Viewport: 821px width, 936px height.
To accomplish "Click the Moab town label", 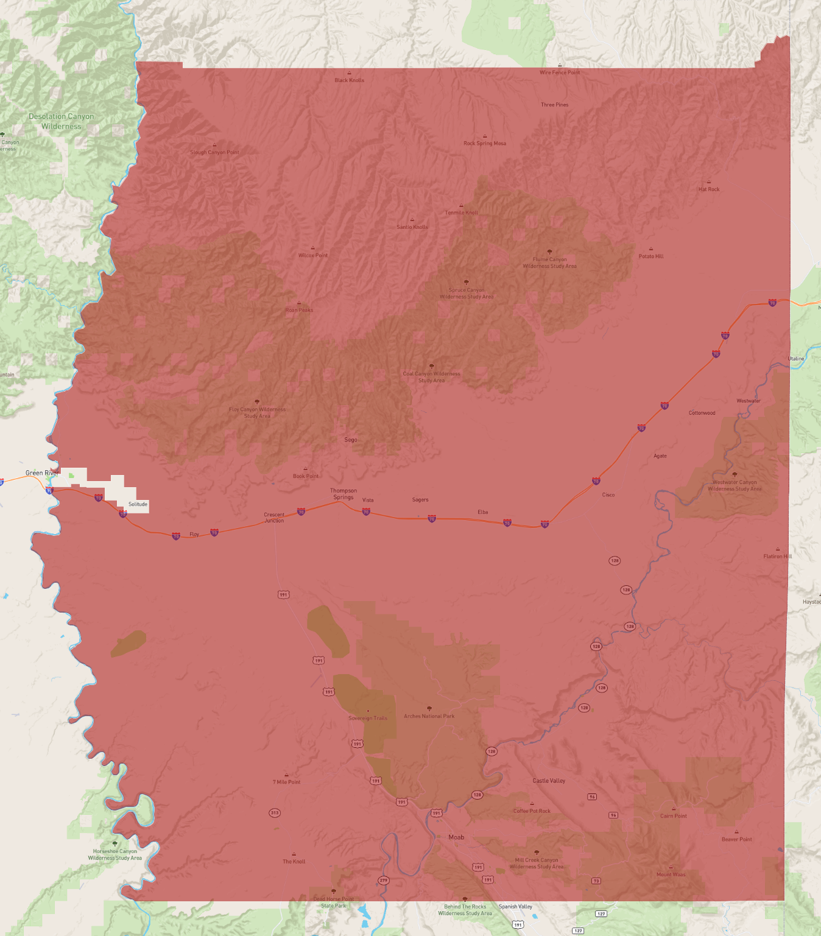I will coord(456,837).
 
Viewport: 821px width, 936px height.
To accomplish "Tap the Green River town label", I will coord(42,473).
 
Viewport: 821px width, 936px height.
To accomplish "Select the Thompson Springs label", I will coord(344,494).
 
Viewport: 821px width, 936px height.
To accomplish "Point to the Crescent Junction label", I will coord(274,518).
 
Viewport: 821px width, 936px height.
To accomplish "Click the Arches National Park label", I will coord(429,716).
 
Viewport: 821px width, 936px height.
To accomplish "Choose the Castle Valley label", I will coord(549,781).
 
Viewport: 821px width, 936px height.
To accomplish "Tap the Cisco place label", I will coord(608,495).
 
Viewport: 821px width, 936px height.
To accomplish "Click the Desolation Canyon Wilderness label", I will coord(62,121).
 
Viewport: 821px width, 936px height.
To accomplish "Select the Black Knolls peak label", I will coord(349,80).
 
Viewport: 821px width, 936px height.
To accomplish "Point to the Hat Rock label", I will coord(709,189).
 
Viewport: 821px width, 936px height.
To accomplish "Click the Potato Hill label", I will coord(651,256).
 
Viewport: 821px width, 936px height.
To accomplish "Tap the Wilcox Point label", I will coord(313,256).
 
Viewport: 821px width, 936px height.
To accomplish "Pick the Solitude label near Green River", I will coord(138,504).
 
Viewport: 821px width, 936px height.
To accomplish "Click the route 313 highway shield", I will coord(275,813).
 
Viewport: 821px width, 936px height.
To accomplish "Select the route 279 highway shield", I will coord(383,881).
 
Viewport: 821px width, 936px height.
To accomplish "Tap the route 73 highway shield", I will coord(596,881).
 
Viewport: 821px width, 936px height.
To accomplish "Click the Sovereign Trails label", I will coord(368,718).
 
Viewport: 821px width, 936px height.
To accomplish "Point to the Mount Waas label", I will coord(671,874).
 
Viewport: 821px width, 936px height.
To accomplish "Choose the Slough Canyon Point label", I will coord(214,152).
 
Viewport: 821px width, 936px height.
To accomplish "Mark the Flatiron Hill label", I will coord(778,556).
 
